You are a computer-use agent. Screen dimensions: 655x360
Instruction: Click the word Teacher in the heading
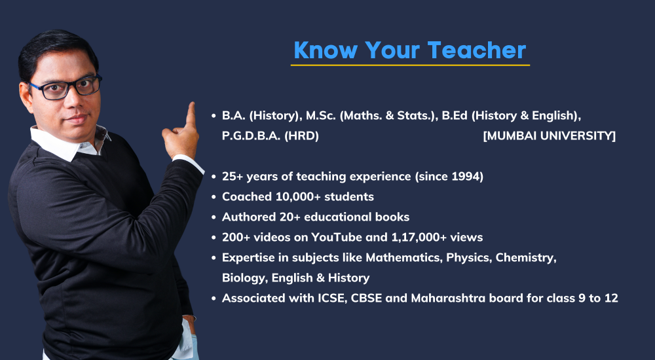pyautogui.click(x=476, y=50)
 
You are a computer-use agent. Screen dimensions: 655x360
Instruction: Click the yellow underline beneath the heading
pyautogui.click(x=410, y=65)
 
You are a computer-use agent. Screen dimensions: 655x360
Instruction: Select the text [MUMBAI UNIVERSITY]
pyautogui.click(x=550, y=135)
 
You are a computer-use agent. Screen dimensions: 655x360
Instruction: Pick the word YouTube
pyautogui.click(x=337, y=237)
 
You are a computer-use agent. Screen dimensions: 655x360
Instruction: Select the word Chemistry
pyautogui.click(x=526, y=258)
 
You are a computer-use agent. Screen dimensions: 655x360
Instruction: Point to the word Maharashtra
pyautogui.click(x=443, y=298)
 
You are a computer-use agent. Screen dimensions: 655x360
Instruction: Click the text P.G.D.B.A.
pyautogui.click(x=251, y=136)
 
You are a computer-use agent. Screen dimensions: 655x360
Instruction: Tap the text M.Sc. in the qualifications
pyautogui.click(x=321, y=116)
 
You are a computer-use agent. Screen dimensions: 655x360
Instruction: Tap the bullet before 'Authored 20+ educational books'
pyautogui.click(x=214, y=217)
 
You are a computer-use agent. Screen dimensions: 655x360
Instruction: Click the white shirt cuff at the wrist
pyautogui.click(x=189, y=163)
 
